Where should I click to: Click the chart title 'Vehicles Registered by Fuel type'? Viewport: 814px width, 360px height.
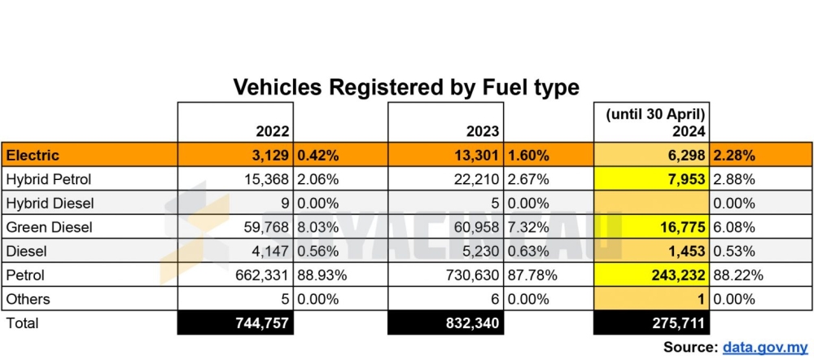pyautogui.click(x=406, y=87)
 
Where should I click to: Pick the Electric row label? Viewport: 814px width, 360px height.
pyautogui.click(x=32, y=155)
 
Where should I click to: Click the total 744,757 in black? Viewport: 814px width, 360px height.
pyautogui.click(x=257, y=323)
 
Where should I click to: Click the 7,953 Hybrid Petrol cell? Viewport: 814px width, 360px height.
pyautogui.click(x=685, y=179)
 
